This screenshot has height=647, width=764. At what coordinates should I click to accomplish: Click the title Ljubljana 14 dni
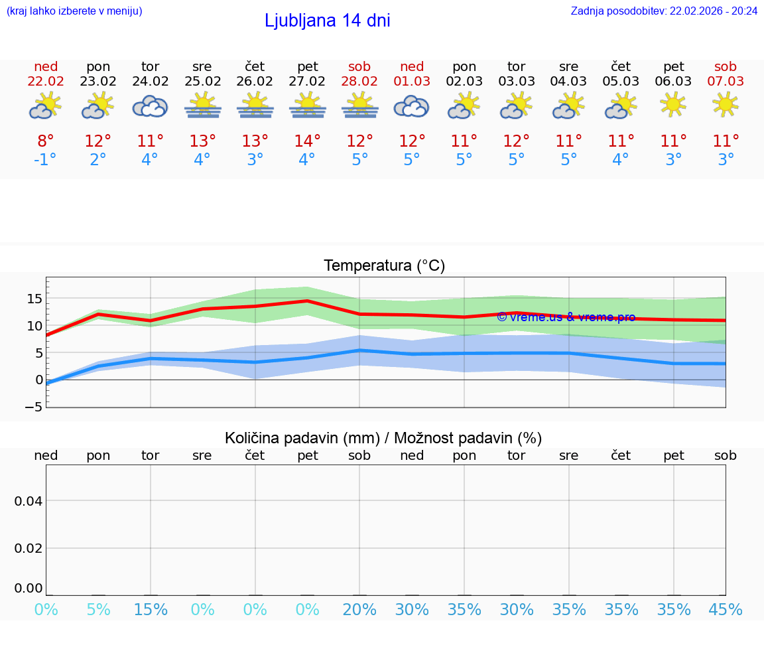tap(327, 21)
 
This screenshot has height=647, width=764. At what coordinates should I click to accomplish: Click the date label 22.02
tap(46, 82)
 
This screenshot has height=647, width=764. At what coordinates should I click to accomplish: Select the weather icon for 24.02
tap(150, 106)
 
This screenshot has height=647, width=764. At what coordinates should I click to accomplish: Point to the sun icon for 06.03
tap(673, 104)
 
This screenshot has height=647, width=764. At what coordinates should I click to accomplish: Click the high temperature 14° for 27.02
tap(307, 141)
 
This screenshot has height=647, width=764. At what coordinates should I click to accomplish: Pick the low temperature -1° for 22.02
tap(46, 160)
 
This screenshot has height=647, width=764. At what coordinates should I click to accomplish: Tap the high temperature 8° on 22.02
tap(46, 141)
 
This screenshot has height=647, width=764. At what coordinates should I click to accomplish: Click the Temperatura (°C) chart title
tap(384, 265)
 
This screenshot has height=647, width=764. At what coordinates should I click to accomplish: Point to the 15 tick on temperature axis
tap(34, 299)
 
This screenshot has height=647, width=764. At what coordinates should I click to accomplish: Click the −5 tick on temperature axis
tap(34, 406)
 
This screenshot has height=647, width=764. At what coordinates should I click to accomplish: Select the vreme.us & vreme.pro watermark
tap(566, 317)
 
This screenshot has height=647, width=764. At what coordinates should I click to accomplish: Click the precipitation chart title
tap(383, 438)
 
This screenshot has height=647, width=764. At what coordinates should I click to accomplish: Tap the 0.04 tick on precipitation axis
tap(29, 501)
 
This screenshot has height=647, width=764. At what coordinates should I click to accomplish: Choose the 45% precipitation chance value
tap(726, 610)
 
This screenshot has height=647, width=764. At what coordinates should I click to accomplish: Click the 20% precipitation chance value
tap(359, 610)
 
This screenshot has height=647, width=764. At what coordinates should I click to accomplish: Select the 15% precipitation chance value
tap(151, 610)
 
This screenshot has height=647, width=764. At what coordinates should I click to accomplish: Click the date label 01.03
tap(412, 82)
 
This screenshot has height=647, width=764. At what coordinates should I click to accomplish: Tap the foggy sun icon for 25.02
tap(202, 106)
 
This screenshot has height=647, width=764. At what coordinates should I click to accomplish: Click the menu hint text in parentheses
tap(74, 11)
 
